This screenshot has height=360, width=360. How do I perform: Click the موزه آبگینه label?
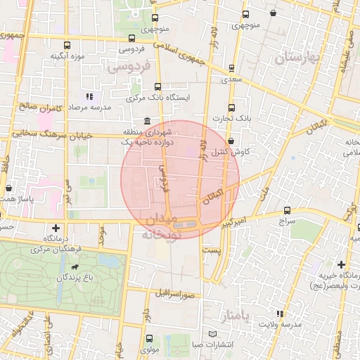click(72, 56)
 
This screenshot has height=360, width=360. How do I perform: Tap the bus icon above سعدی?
click(231, 69)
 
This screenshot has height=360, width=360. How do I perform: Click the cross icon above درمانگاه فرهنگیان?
click(56, 229)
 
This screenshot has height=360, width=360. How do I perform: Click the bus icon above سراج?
click(287, 210)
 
